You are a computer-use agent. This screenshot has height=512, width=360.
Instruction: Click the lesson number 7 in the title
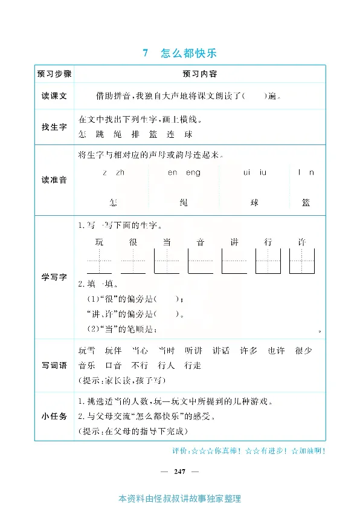coord(145,53)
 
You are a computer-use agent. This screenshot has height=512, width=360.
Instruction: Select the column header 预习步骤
coord(54,74)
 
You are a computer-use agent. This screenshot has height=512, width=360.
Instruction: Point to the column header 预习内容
coord(200,74)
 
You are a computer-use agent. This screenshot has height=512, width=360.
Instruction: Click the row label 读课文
coord(54,96)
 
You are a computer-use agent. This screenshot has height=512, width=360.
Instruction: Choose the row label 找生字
coord(54,126)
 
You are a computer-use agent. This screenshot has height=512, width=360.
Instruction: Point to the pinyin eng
coord(193,173)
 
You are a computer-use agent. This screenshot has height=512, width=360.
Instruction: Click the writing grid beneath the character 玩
coord(100,261)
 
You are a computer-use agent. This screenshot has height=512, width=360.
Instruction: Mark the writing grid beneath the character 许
coord(302,261)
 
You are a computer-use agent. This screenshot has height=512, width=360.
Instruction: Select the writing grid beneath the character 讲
coord(234,261)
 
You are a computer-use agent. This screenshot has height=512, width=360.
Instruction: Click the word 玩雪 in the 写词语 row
coord(87,351)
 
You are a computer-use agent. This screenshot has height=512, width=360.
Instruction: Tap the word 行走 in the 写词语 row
coord(192,365)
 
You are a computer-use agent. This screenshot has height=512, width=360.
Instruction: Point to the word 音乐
coord(87,365)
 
